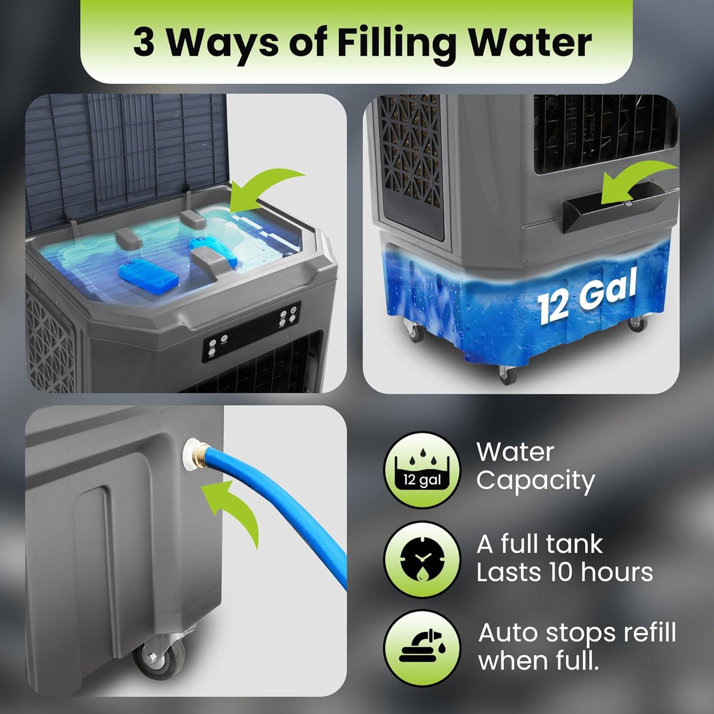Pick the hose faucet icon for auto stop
(422, 647)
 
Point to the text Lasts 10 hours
(565, 572)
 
